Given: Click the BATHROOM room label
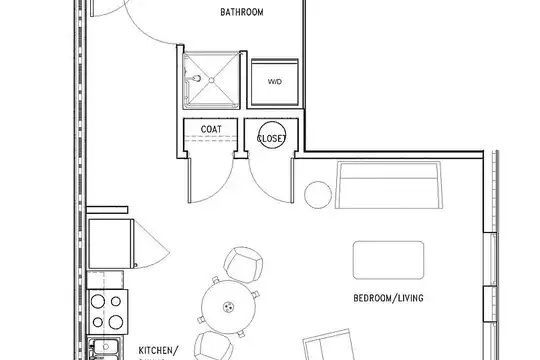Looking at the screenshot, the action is pyautogui.click(x=242, y=12).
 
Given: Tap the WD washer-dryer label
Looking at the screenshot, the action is pyautogui.click(x=274, y=82).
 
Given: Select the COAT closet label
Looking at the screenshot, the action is pyautogui.click(x=211, y=129).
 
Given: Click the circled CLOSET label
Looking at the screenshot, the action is pyautogui.click(x=272, y=138).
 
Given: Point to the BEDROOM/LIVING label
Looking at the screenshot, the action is pyautogui.click(x=388, y=298).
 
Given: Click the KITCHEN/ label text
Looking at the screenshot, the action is pyautogui.click(x=158, y=351).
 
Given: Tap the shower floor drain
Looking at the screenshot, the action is pyautogui.click(x=211, y=80).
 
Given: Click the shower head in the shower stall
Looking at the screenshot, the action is pyautogui.click(x=197, y=79).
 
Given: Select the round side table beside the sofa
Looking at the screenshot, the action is pyautogui.click(x=318, y=195).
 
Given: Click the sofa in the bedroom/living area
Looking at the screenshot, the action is pyautogui.click(x=389, y=185).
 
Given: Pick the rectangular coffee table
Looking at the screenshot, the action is pyautogui.click(x=388, y=260).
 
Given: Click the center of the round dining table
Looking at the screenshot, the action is pyautogui.click(x=229, y=307).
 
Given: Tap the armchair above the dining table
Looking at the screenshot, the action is pyautogui.click(x=243, y=265).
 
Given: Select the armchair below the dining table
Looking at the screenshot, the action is pyautogui.click(x=214, y=346).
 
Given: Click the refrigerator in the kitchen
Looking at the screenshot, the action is pyautogui.click(x=110, y=244).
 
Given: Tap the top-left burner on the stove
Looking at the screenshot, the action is pyautogui.click(x=98, y=302).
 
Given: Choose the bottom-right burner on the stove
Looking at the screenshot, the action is pyautogui.click(x=116, y=322).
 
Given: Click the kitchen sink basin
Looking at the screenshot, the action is pyautogui.click(x=105, y=347).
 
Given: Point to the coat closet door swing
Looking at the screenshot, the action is pyautogui.click(x=216, y=186).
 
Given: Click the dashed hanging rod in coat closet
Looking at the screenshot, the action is pyautogui.click(x=211, y=138).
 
